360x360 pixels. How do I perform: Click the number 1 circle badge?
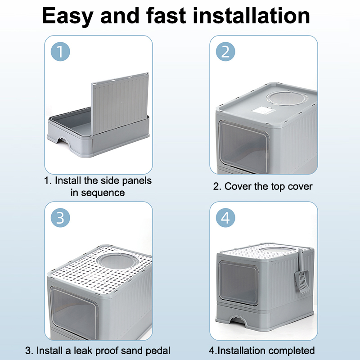click(x=60, y=52)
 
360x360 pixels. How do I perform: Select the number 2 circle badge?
click(x=225, y=52)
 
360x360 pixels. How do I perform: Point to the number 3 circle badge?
click(x=60, y=218)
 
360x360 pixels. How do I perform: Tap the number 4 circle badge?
click(x=225, y=218)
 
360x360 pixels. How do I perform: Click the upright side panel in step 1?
click(x=120, y=104)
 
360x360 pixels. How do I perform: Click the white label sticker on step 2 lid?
click(x=264, y=110)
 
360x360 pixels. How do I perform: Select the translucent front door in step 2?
click(x=244, y=146)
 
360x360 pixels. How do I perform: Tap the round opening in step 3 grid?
click(x=118, y=261)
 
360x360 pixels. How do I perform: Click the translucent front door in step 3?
click(x=73, y=312)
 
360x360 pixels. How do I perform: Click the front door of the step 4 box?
click(x=238, y=283)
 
